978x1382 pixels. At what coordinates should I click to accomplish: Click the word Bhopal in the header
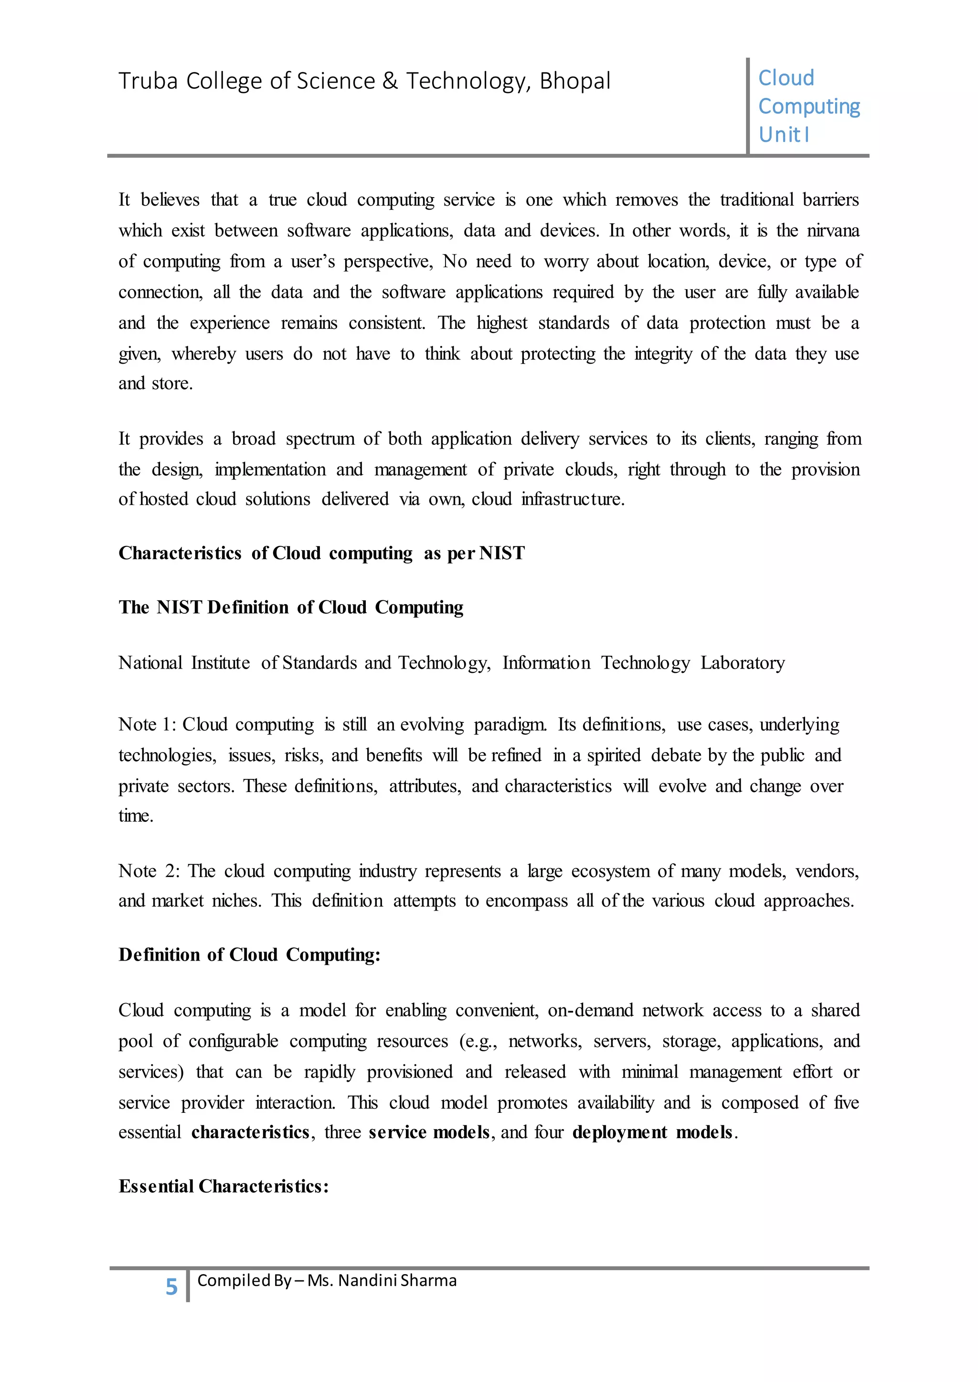click(x=574, y=81)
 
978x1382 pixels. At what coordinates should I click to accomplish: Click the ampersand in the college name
click(x=390, y=81)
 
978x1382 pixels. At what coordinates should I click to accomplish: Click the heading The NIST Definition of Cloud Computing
click(x=291, y=607)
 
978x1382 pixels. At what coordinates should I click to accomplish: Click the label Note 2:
click(x=148, y=871)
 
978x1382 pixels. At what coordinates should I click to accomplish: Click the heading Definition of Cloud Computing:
click(x=249, y=954)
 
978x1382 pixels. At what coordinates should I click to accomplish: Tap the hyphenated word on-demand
click(x=590, y=1010)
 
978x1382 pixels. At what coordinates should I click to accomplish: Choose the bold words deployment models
click(x=653, y=1132)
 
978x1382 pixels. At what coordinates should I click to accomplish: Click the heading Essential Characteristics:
click(x=223, y=1186)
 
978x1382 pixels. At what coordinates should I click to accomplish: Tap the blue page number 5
click(x=171, y=1287)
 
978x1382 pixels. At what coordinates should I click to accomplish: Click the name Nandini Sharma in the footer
click(x=397, y=1280)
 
